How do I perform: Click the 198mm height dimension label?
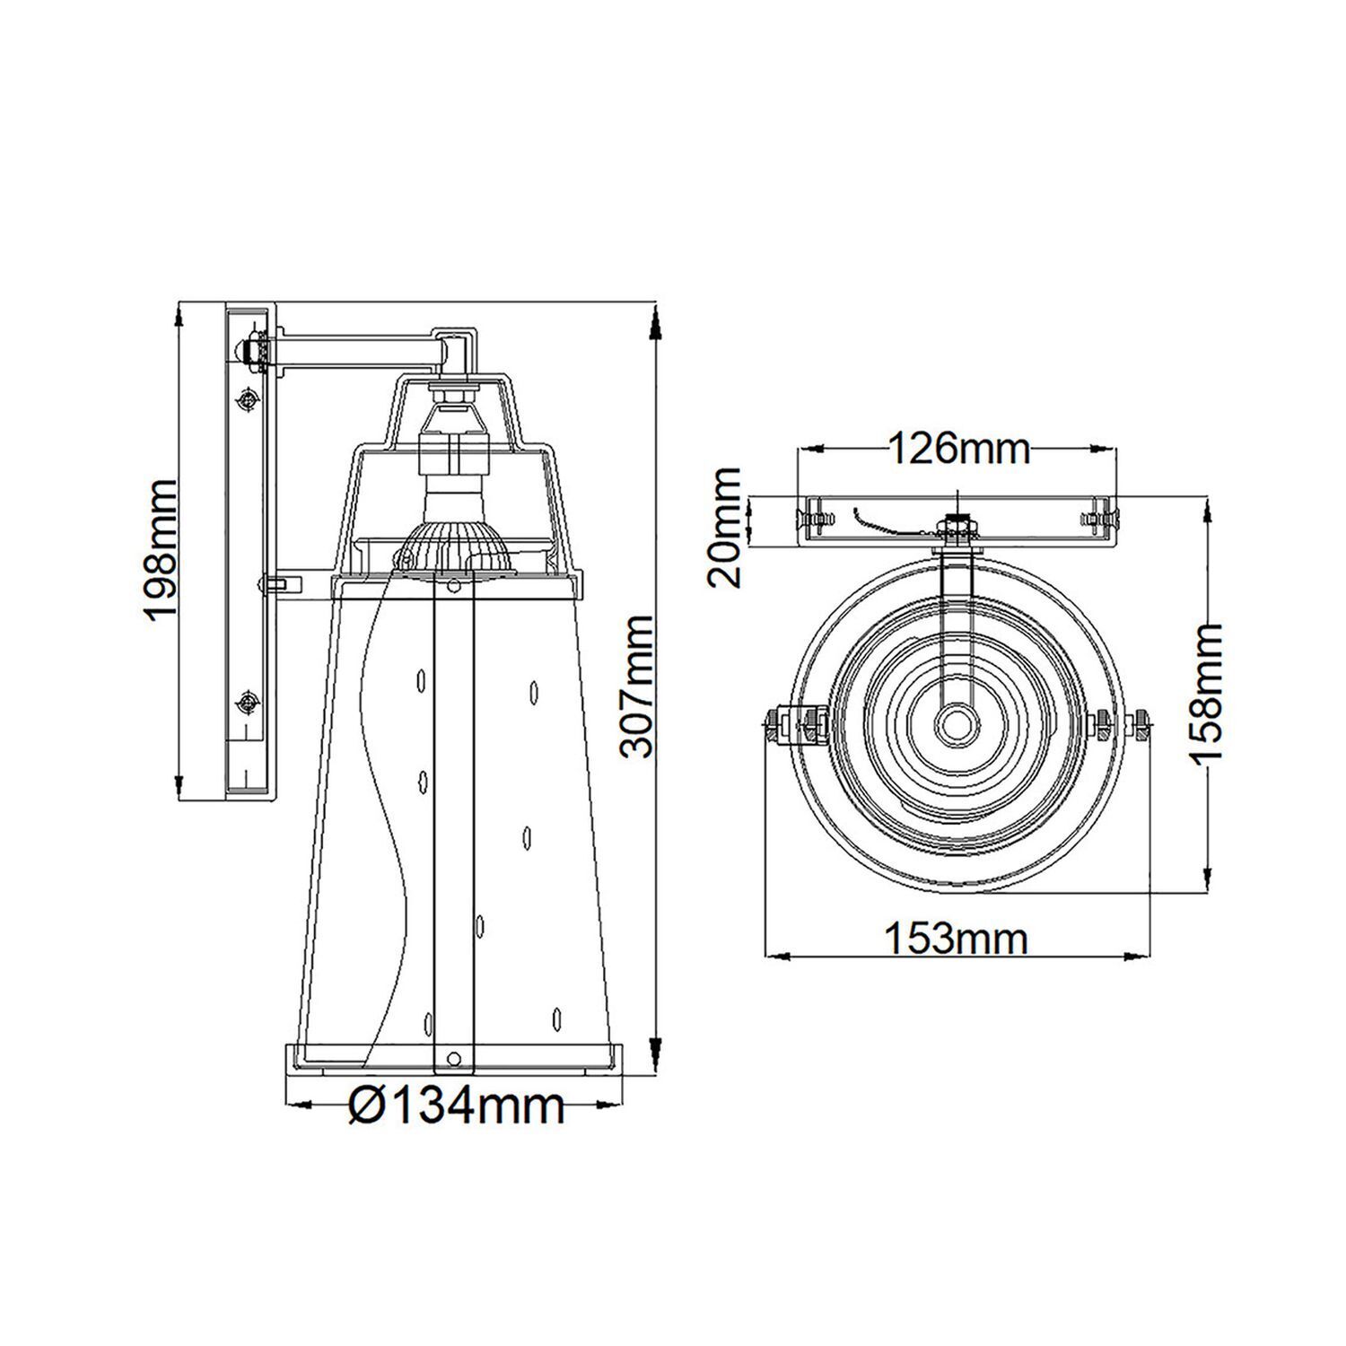[162, 549]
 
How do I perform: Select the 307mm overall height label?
[639, 686]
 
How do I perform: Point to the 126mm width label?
[958, 449]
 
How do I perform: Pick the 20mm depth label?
[725, 527]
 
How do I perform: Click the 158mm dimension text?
[1206, 692]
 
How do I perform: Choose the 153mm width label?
[956, 940]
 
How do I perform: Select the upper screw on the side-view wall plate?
[248, 398]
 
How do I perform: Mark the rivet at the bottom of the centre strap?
[452, 1057]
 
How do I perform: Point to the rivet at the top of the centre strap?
[452, 586]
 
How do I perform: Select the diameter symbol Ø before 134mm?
[365, 1106]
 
